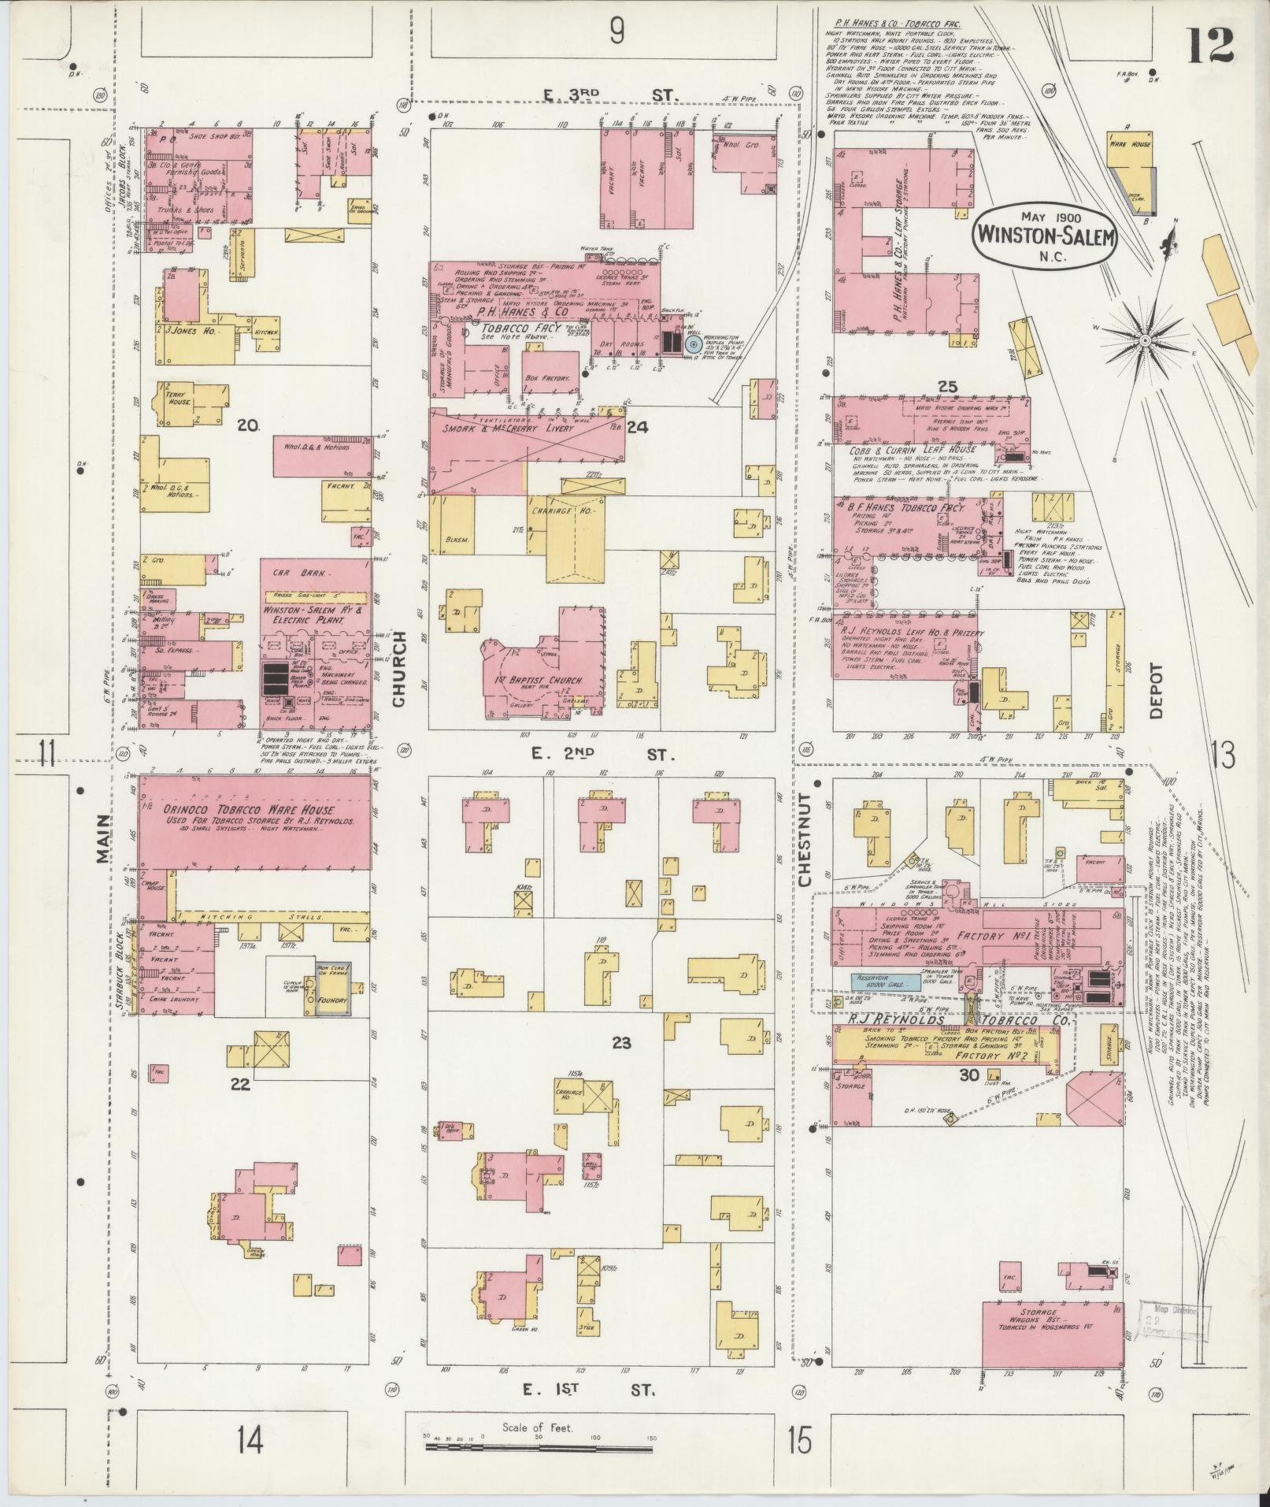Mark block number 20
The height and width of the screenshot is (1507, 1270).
(248, 426)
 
